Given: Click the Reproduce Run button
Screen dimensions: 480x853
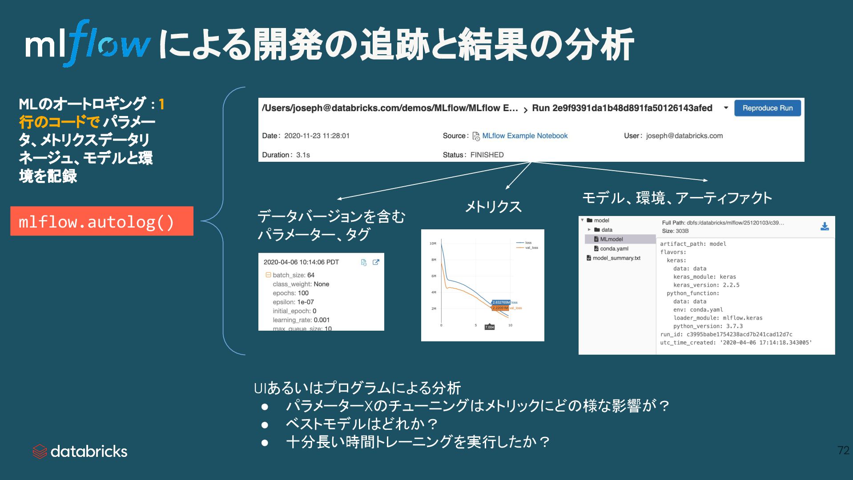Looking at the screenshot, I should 767,108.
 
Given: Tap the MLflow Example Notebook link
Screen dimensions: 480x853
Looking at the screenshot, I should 524,136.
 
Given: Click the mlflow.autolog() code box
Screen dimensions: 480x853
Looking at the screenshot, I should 101,221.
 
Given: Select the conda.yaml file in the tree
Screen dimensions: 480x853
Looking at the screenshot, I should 614,249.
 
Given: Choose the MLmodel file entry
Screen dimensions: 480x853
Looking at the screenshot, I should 611,239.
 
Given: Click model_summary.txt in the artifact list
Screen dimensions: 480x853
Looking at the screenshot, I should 616,258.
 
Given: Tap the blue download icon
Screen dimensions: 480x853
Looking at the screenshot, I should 825,226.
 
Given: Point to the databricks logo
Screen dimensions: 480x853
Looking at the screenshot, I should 80,452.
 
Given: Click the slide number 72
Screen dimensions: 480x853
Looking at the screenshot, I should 843,450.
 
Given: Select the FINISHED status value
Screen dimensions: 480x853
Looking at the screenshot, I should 487,155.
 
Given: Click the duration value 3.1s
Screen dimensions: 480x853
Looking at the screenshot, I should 303,155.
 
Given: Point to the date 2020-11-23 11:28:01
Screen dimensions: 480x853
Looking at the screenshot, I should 317,136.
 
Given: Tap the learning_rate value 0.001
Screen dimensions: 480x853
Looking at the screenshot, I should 322,320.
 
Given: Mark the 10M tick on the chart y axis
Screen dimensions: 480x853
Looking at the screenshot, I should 433,244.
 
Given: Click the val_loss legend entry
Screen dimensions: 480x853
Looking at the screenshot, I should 531,248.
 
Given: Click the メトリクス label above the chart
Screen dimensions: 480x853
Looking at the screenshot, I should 493,207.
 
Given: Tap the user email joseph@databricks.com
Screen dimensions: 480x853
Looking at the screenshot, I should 684,136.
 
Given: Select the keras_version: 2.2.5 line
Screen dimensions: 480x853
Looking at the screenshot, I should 706,285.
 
